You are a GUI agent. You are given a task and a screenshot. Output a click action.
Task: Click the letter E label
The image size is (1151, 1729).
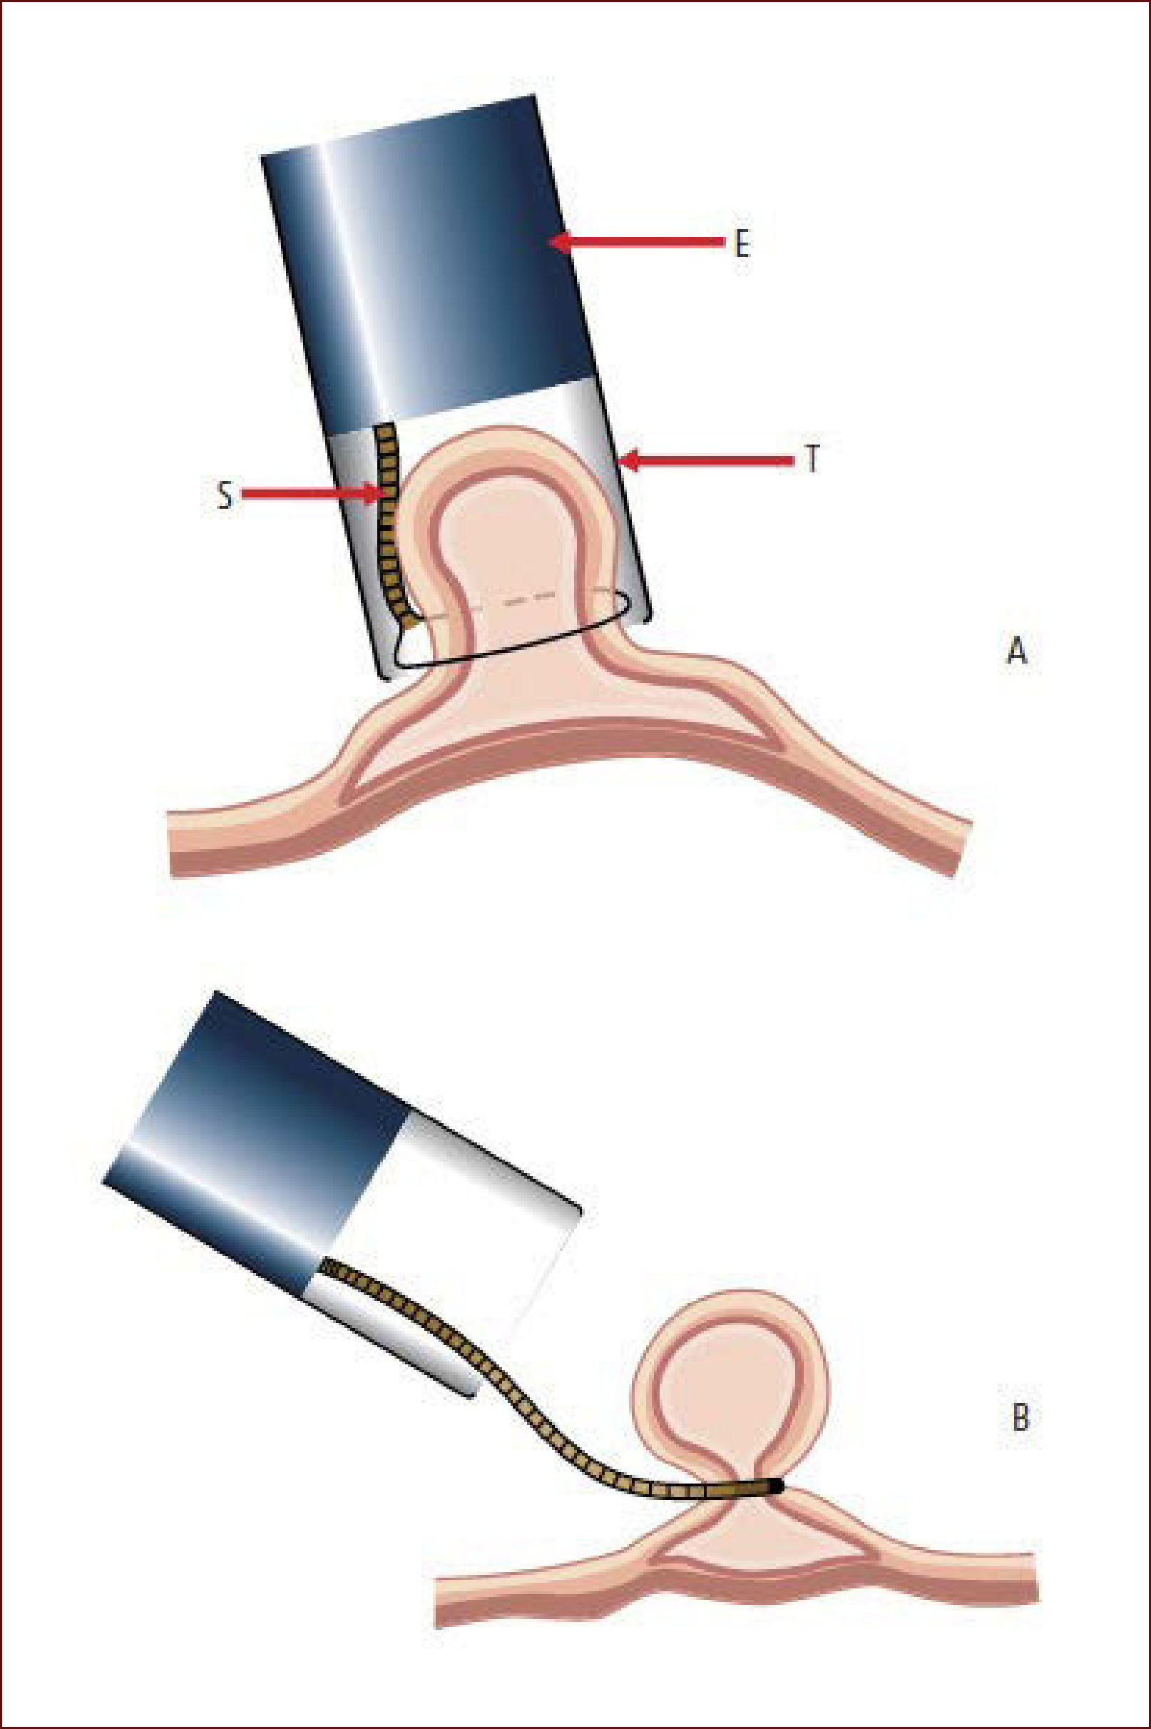click(x=742, y=245)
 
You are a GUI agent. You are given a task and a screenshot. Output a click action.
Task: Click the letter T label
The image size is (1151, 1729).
click(x=811, y=460)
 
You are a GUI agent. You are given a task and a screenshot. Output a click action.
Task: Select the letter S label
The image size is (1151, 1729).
click(x=225, y=496)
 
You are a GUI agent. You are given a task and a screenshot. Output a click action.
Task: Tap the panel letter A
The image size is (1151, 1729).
click(x=1016, y=651)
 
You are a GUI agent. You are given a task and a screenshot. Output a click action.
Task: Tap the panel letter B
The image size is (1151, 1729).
click(x=1020, y=1418)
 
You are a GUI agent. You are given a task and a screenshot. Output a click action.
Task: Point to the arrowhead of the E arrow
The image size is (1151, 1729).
click(x=559, y=242)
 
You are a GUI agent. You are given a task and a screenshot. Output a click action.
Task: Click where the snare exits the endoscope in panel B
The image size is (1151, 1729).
click(x=327, y=1267)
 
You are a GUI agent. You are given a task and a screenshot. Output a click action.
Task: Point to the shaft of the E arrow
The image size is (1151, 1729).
click(x=646, y=242)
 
